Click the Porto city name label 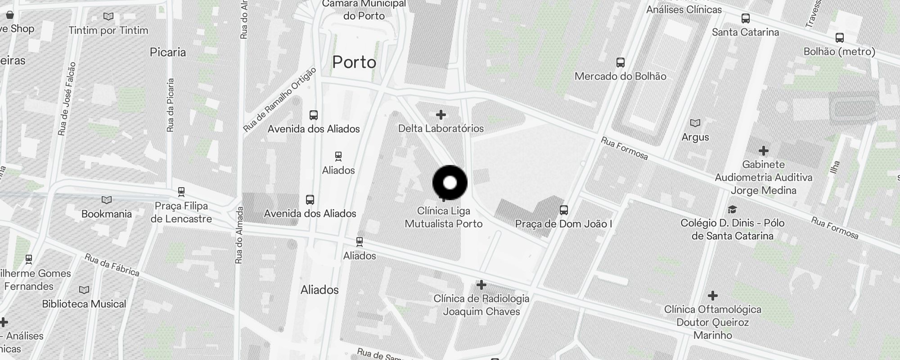tap(354, 62)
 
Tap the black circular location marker tap(450, 183)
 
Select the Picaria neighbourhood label tap(168, 52)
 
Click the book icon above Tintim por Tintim tap(108, 17)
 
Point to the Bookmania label tap(107, 214)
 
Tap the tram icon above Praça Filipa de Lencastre tap(181, 192)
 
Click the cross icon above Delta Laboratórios tap(441, 115)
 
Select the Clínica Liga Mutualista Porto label tap(444, 217)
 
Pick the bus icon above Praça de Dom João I tap(564, 210)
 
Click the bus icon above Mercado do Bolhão tap(621, 62)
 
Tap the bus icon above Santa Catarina tap(746, 18)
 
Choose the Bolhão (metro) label tap(840, 52)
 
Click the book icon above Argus tap(695, 123)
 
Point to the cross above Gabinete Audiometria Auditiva tap(764, 150)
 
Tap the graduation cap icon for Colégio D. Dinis tap(732, 209)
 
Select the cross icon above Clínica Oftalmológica tap(713, 296)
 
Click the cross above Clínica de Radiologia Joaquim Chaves tap(481, 285)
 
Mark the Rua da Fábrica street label tap(112, 265)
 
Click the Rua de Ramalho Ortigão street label tap(280, 100)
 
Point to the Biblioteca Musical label tap(84, 304)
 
